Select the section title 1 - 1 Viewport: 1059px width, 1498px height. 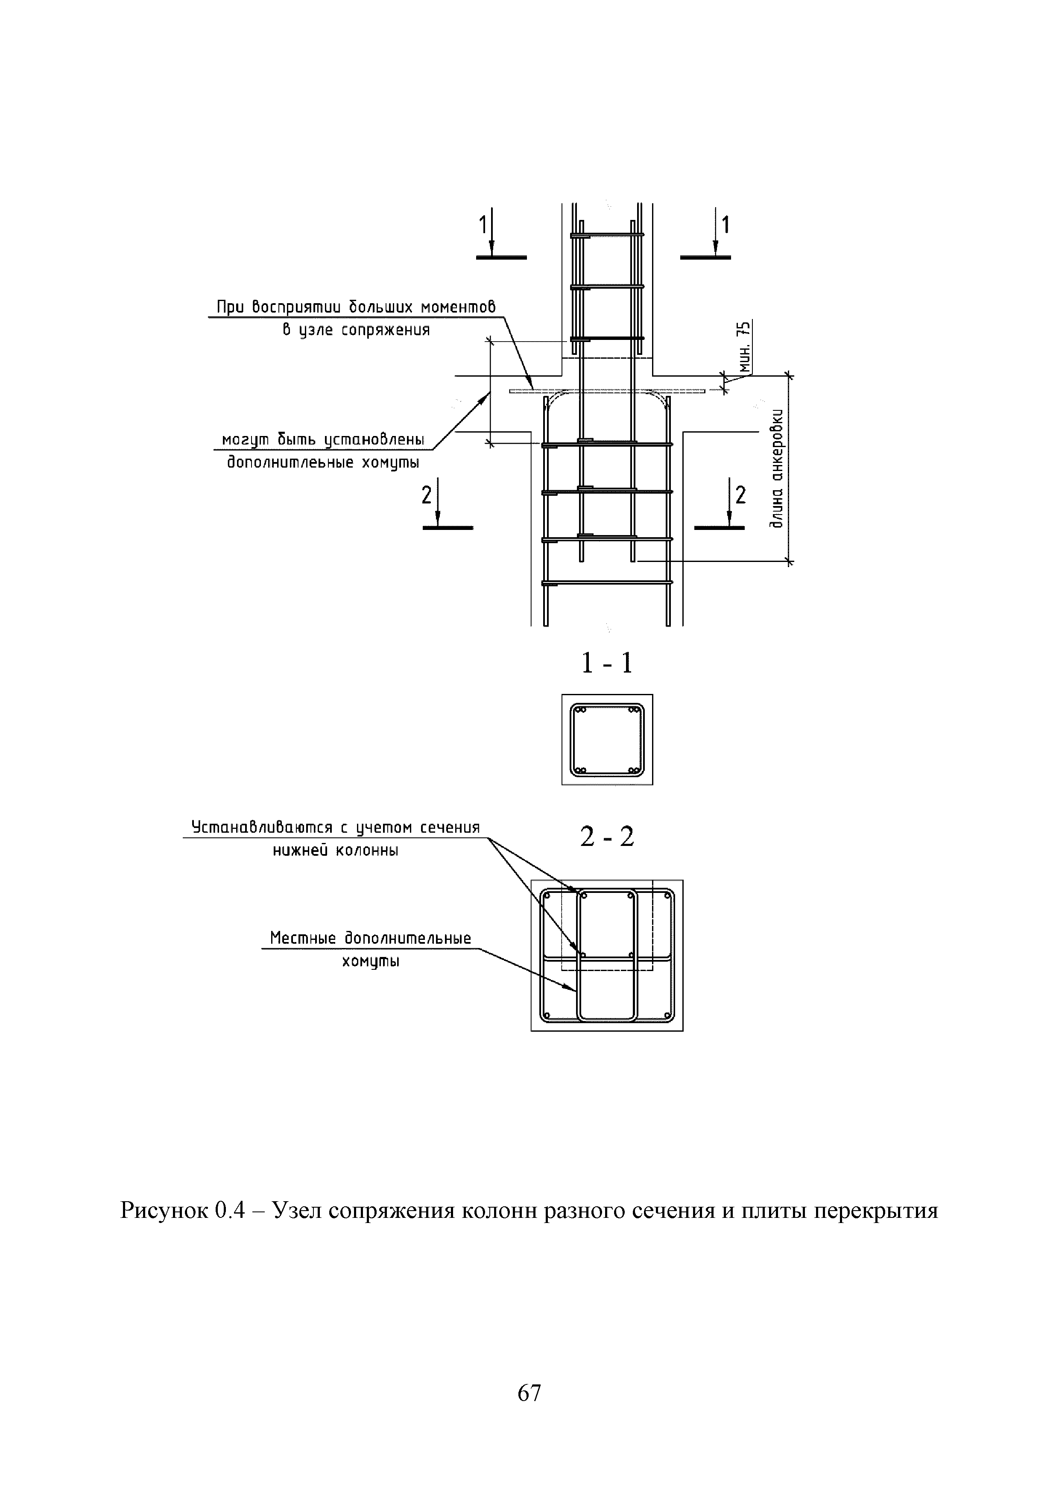(x=607, y=664)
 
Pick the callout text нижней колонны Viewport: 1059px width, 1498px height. (x=335, y=850)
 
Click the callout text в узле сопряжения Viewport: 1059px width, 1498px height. (x=356, y=330)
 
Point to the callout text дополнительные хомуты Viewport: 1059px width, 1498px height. (x=323, y=462)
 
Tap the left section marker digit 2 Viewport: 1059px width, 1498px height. (x=427, y=496)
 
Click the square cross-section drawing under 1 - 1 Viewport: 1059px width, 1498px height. (x=607, y=739)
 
